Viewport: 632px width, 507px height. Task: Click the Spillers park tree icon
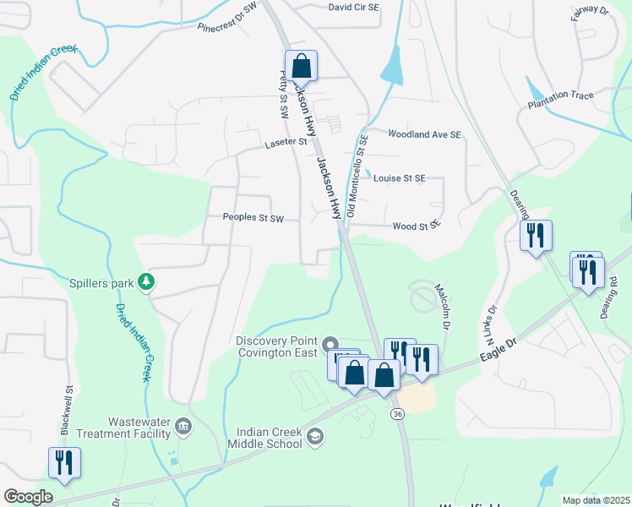click(x=147, y=281)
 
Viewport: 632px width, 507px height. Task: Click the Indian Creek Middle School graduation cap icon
click(x=314, y=437)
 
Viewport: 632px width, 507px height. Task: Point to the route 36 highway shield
click(x=396, y=413)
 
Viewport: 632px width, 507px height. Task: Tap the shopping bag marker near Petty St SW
click(x=301, y=65)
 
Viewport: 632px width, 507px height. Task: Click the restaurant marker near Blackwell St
click(x=64, y=461)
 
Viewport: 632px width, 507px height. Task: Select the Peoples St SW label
click(x=253, y=218)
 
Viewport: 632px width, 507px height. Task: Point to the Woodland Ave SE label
click(x=424, y=134)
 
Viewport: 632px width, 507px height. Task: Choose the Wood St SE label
click(x=417, y=226)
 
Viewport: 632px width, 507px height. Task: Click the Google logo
click(x=28, y=497)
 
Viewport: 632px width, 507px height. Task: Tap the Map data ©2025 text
click(x=595, y=500)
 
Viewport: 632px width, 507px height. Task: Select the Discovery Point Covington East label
click(x=276, y=346)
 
